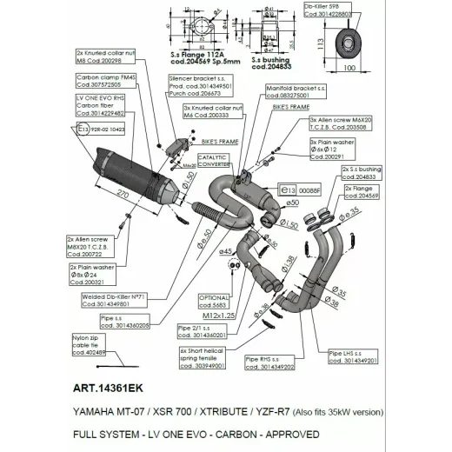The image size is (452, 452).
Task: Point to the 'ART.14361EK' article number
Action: point(111,391)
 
